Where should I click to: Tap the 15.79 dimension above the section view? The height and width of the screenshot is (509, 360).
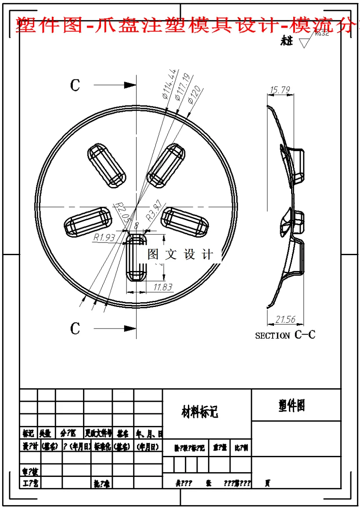click(x=280, y=90)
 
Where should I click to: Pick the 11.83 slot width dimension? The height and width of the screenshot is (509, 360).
click(x=163, y=287)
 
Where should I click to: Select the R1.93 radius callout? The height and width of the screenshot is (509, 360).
click(x=104, y=238)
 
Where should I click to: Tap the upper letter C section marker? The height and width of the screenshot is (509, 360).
click(x=75, y=85)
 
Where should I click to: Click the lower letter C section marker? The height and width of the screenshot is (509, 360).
click(x=75, y=328)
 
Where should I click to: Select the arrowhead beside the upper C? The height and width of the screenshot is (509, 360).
click(x=130, y=85)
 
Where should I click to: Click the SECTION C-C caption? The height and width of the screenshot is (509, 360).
click(x=285, y=335)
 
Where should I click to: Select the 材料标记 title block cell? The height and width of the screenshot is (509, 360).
click(x=200, y=412)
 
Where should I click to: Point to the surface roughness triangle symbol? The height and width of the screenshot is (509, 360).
click(x=304, y=43)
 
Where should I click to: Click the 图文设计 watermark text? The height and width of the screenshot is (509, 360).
click(x=180, y=254)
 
